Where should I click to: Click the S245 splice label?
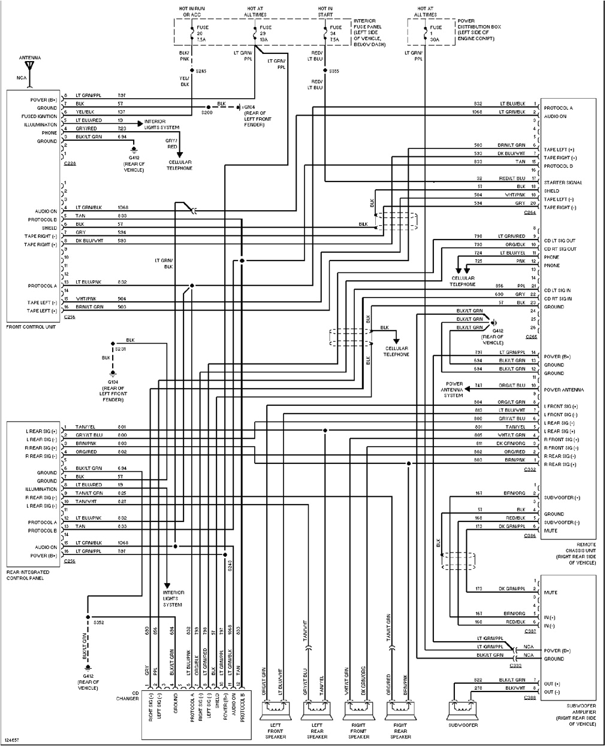pyautogui.click(x=201, y=71)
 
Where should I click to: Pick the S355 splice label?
pyautogui.click(x=334, y=71)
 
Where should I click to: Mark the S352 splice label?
pyautogui.click(x=99, y=623)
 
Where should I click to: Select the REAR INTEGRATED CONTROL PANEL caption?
pyautogui.click(x=28, y=575)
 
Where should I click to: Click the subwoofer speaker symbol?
pyautogui.click(x=463, y=709)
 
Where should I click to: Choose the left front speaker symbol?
pyautogui.click(x=275, y=709)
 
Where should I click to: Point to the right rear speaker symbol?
pyautogui.click(x=400, y=709)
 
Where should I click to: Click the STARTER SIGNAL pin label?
pyautogui.click(x=563, y=183)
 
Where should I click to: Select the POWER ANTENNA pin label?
pyautogui.click(x=564, y=390)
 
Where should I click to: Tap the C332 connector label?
pyautogui.click(x=530, y=470)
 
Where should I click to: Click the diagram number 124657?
pyautogui.click(x=11, y=741)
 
